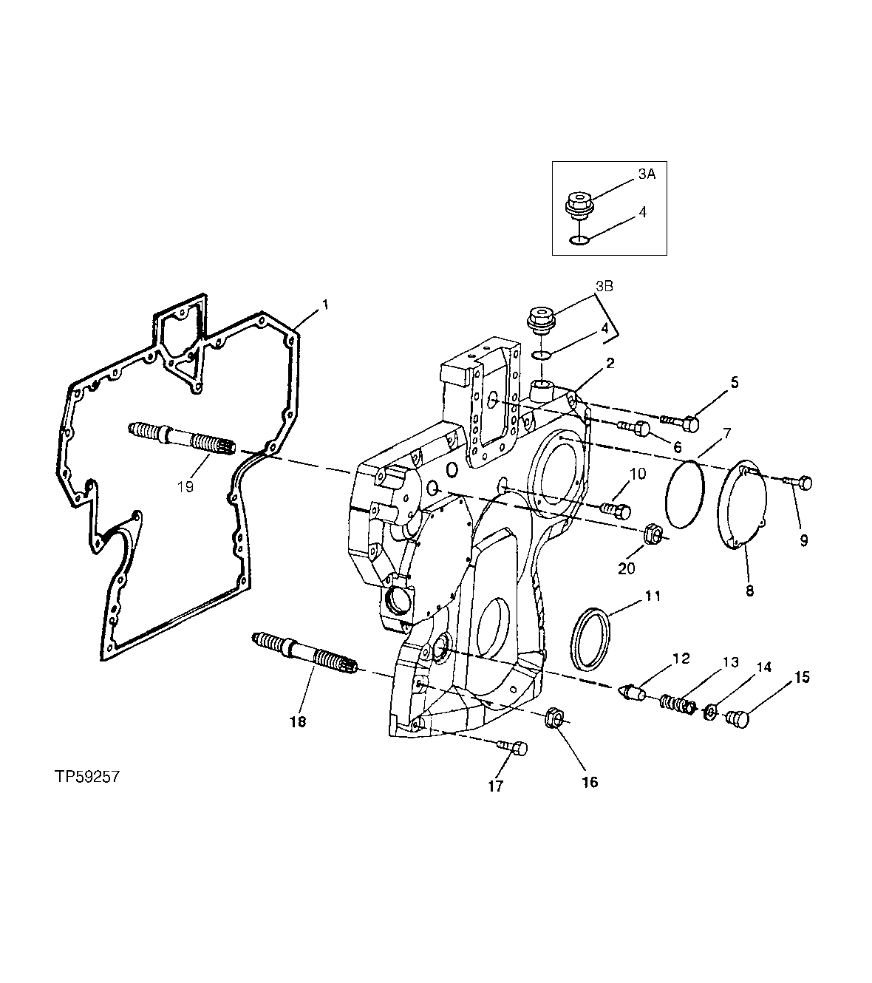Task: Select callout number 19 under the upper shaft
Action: click(185, 487)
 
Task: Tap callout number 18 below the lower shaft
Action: click(297, 721)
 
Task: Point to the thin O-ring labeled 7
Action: click(685, 494)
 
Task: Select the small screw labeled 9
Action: click(798, 483)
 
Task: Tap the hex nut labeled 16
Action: click(556, 718)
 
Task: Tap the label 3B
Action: click(604, 287)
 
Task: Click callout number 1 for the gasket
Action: click(323, 305)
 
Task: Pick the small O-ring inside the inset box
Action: click(580, 239)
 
